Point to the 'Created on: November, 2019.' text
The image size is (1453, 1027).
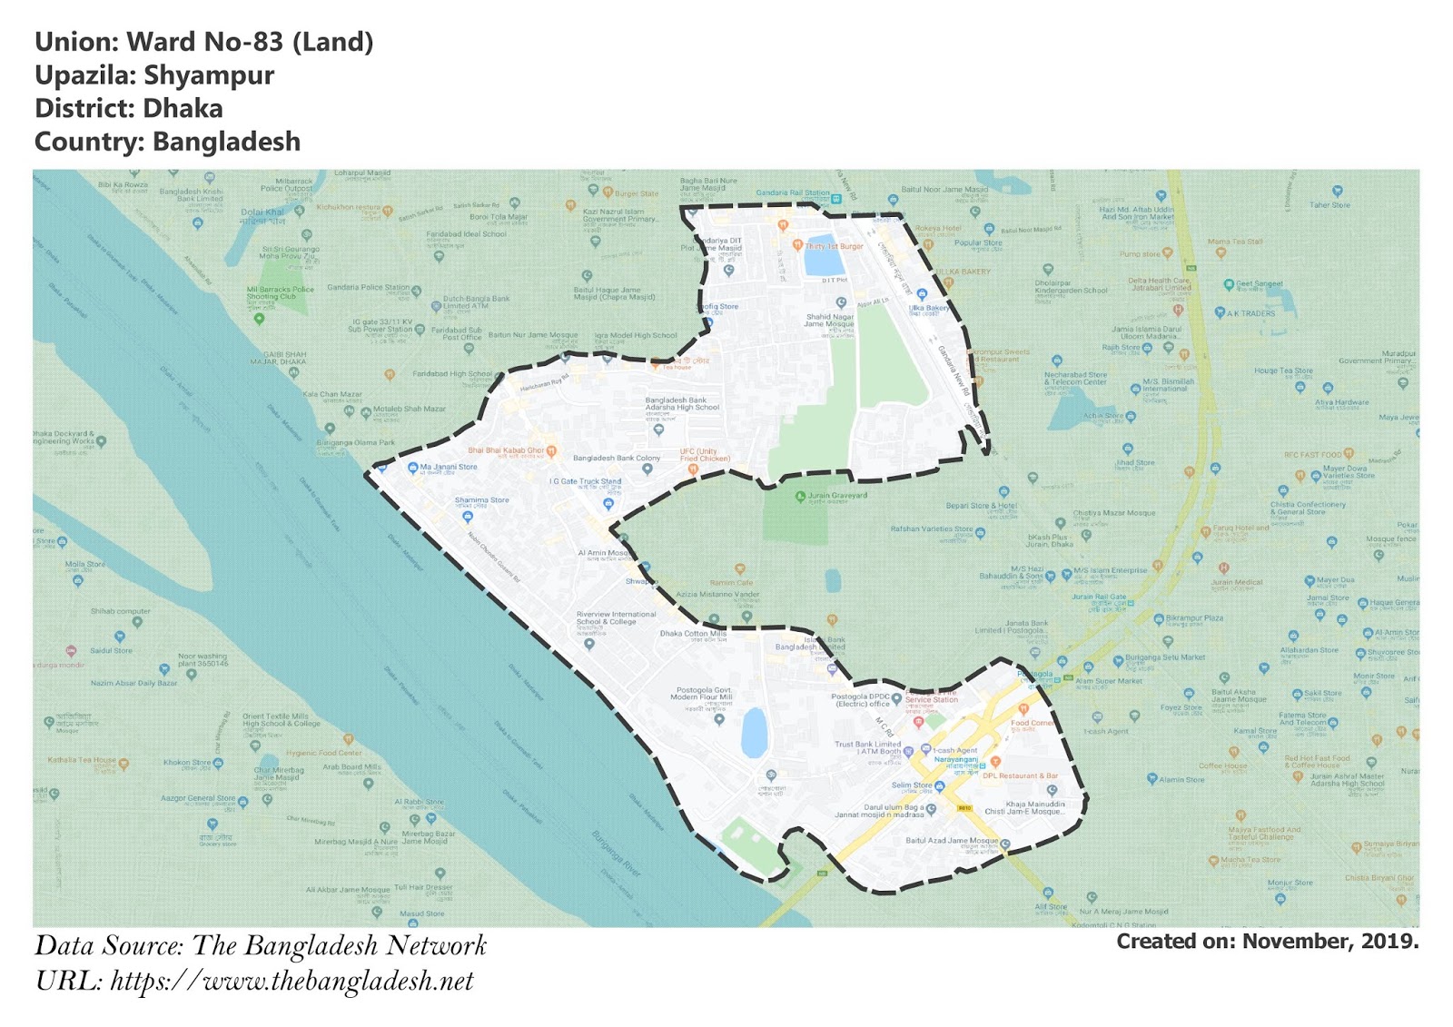(x=1267, y=942)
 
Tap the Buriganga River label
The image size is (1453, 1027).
(x=617, y=853)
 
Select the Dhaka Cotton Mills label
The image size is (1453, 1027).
(x=693, y=634)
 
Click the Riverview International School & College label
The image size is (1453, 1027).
(x=616, y=618)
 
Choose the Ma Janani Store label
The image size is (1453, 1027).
(x=448, y=467)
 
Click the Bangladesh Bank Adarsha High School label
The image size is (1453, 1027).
(x=682, y=404)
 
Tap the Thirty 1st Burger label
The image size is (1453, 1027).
(x=834, y=246)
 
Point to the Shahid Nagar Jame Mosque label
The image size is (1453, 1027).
(x=829, y=321)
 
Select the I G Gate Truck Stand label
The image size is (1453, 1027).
(x=585, y=481)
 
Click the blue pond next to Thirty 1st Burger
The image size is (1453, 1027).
(x=823, y=262)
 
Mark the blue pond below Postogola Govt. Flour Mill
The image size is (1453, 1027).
(x=754, y=733)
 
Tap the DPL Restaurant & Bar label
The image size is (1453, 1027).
(x=1020, y=775)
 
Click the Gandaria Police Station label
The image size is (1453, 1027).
(x=368, y=287)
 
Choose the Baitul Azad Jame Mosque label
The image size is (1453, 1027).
(x=952, y=841)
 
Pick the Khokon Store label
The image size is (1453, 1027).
(x=187, y=763)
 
